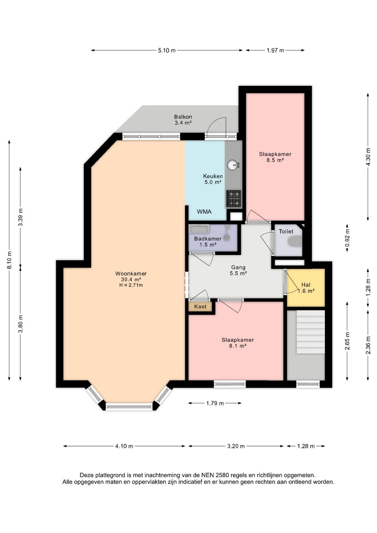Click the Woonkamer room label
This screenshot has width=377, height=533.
131,273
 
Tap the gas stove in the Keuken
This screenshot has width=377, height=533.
234,198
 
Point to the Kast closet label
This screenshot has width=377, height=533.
200,306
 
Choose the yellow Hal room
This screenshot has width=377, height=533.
306,288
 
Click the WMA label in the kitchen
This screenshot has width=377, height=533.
204,212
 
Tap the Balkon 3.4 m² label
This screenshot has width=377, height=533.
183,120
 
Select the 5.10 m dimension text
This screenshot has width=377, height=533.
167,50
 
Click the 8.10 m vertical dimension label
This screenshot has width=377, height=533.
9,260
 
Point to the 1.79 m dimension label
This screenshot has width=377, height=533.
215,403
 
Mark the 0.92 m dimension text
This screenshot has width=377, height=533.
348,238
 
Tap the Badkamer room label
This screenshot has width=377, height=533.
208,239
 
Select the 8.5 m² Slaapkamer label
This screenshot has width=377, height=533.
275,157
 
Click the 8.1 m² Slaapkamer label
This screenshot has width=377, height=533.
238,343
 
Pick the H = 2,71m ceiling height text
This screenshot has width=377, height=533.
131,285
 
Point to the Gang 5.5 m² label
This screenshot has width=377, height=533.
238,270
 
